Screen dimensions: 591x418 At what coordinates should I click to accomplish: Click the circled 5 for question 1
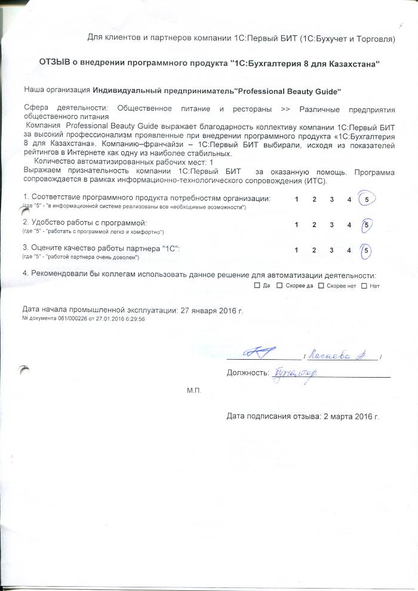365,199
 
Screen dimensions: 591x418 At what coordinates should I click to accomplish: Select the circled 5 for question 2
367,225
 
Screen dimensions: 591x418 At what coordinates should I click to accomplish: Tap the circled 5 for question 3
366,250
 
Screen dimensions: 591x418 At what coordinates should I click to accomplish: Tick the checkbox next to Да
257,286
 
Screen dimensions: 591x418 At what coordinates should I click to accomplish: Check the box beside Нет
365,286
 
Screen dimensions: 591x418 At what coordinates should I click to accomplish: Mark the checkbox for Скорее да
280,286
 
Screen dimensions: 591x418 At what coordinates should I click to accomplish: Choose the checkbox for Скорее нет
321,286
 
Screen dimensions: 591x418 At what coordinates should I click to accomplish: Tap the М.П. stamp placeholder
193,390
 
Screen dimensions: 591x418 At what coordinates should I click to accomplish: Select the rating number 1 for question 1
297,199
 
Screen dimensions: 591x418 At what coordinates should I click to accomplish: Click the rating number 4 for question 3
349,250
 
